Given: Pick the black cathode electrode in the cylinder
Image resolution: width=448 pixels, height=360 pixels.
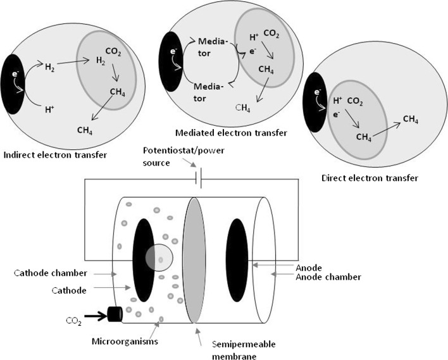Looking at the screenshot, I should (142, 259).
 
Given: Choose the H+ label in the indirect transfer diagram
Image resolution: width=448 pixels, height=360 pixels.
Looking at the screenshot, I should (47, 109).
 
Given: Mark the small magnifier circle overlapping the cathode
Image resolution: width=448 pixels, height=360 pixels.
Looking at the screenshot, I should (159, 258).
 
